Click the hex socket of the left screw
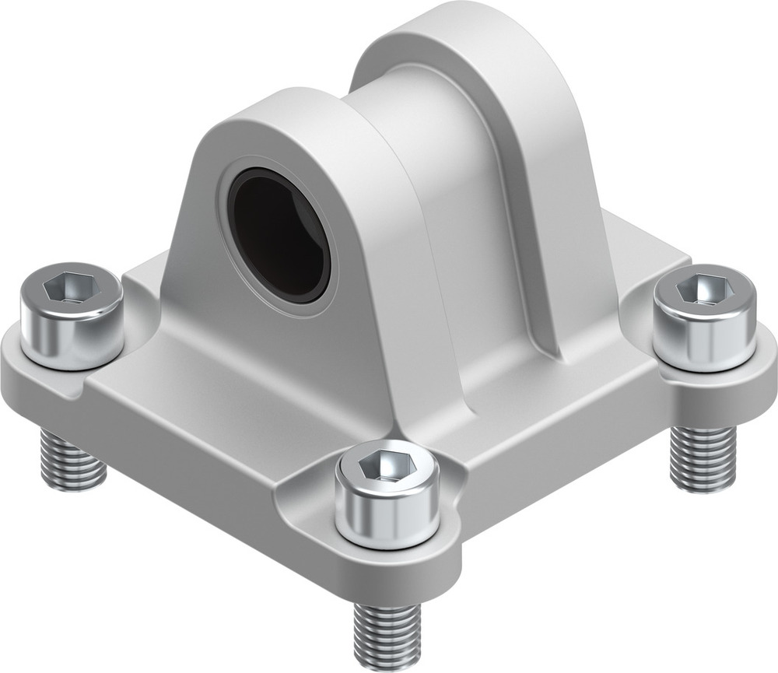tap(71, 289)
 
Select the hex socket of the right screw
tap(704, 291)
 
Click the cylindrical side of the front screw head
tap(387, 517)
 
